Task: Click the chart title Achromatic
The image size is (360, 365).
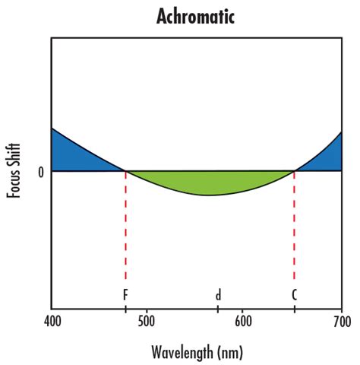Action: click(195, 15)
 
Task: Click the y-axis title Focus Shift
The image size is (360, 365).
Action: click(14, 172)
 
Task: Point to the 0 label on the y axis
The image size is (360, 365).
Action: click(41, 172)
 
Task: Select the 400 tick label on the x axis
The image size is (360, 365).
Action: click(51, 322)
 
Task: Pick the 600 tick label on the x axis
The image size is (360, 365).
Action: click(243, 322)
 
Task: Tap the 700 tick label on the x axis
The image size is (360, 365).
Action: click(341, 322)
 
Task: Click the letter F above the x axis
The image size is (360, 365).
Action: click(125, 294)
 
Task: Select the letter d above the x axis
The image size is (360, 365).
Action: click(218, 294)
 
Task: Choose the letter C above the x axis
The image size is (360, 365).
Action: click(294, 294)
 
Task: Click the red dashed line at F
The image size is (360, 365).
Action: click(125, 228)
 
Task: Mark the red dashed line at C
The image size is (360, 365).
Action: click(294, 228)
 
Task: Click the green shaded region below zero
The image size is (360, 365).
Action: click(209, 182)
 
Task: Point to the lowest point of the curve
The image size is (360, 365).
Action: click(209, 195)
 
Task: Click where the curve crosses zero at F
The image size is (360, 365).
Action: click(125, 171)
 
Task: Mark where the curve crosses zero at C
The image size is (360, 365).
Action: click(294, 171)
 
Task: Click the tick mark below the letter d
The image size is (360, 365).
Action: click(218, 308)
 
